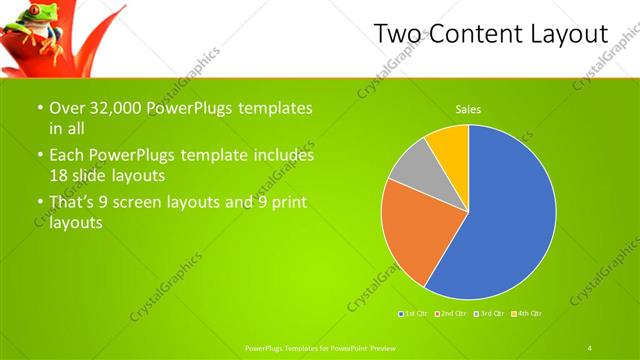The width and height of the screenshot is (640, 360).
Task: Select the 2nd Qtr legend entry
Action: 452,314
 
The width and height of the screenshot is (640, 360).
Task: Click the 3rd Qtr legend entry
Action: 490,314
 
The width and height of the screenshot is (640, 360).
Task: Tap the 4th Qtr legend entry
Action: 527,314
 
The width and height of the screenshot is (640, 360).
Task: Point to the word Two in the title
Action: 398,34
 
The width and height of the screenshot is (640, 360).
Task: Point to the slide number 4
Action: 589,347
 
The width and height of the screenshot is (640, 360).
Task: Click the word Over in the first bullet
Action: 66,108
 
